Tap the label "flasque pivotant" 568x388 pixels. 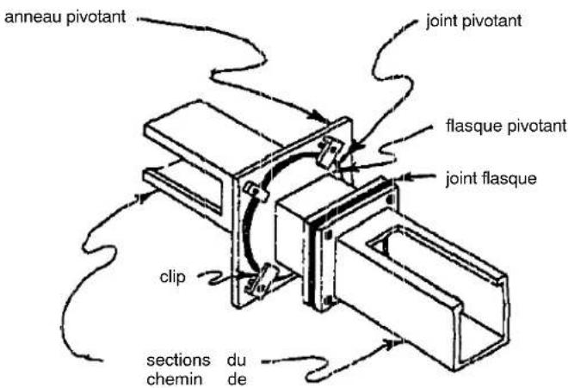[507, 126]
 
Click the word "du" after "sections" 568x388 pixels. [238, 361]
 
